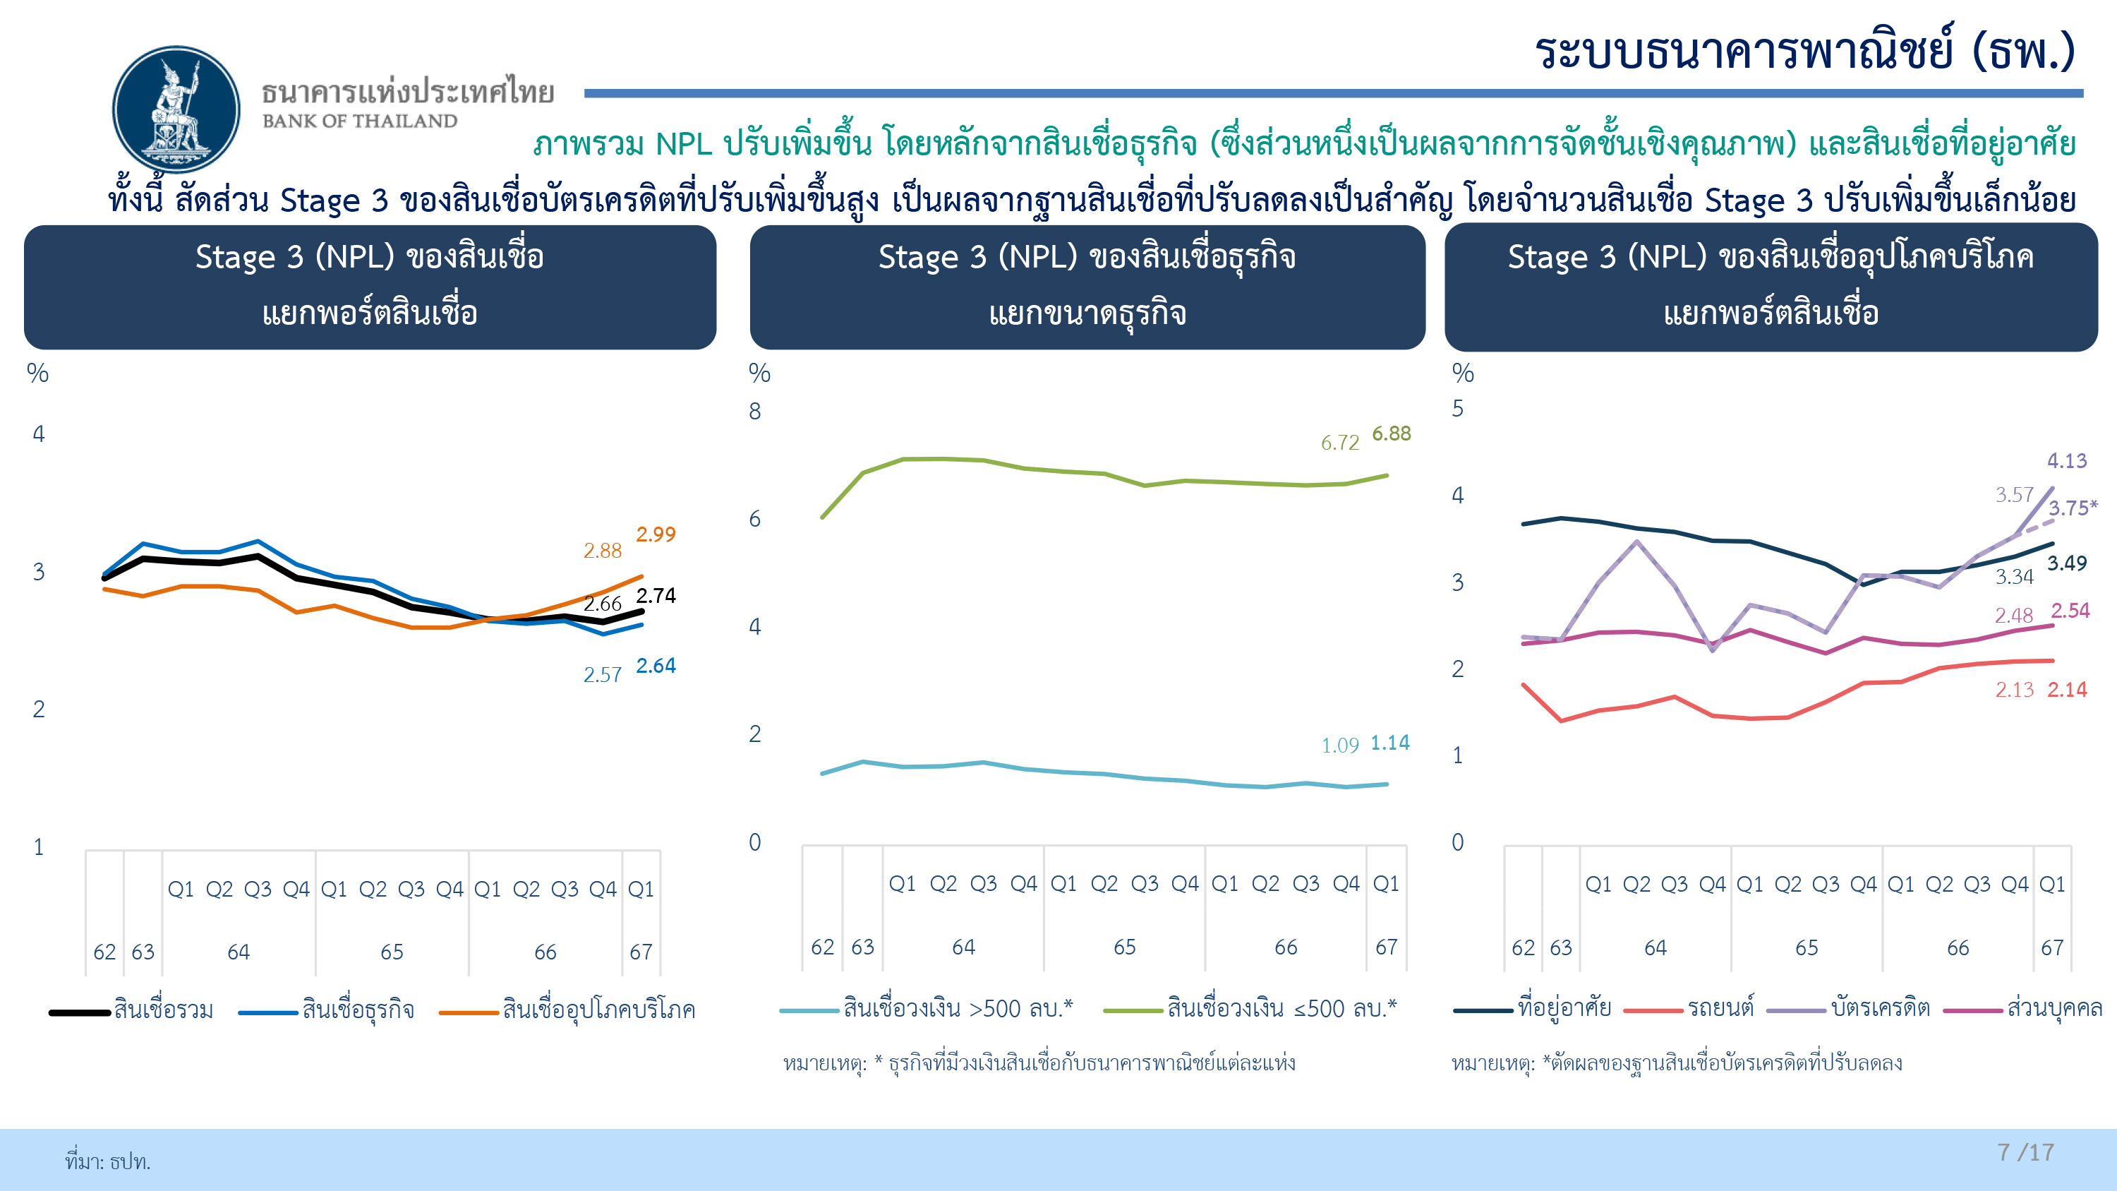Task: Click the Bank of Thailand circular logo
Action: tap(176, 109)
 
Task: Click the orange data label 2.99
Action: tap(656, 535)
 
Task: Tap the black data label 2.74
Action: tap(656, 596)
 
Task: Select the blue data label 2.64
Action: tap(656, 666)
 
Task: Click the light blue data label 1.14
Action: tap(1389, 743)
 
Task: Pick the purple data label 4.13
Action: tap(2067, 461)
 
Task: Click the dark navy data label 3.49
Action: tap(2067, 564)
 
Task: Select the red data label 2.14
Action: tap(2067, 690)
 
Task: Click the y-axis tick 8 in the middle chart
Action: tap(754, 412)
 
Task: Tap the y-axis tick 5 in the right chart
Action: tap(1457, 409)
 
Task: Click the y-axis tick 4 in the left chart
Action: tap(39, 434)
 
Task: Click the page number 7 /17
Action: tap(2025, 1152)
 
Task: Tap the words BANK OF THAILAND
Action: tap(360, 121)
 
